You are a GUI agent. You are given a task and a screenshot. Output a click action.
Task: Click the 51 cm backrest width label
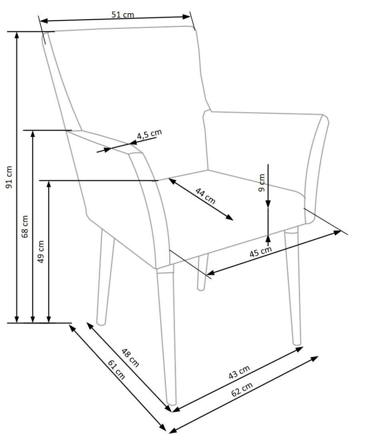123,14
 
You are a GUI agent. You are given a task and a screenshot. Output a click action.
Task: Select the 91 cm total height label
9,177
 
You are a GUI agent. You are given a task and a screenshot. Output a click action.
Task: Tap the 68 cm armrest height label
25,226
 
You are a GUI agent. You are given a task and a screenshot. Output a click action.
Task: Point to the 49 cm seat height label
41,251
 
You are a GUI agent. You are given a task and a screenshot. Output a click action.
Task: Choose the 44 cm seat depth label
205,196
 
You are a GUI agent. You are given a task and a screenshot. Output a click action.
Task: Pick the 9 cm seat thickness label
261,182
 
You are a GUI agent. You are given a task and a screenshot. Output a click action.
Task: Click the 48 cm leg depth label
130,357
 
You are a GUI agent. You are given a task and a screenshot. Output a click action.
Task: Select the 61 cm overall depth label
116,369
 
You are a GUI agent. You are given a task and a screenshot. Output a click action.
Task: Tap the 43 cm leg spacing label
239,372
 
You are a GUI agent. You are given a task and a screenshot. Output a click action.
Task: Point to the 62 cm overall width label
242,389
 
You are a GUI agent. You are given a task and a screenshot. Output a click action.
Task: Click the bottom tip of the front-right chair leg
297,344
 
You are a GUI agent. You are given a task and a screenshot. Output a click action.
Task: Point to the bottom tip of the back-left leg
101,323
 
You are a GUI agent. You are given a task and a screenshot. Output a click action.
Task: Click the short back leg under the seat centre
202,272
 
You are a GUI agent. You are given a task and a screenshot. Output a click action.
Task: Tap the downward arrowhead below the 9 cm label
268,204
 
